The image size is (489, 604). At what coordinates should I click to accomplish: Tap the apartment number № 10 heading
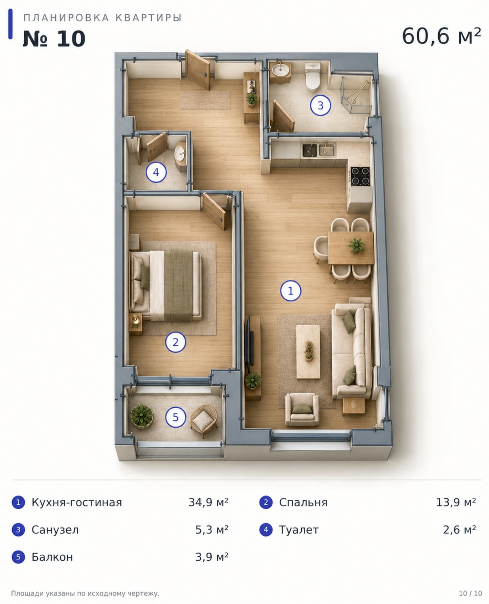pyautogui.click(x=54, y=39)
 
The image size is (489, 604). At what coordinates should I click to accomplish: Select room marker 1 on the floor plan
pyautogui.click(x=291, y=290)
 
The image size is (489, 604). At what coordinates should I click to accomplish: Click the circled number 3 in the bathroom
pyautogui.click(x=320, y=105)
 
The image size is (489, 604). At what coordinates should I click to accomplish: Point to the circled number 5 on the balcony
pyautogui.click(x=175, y=417)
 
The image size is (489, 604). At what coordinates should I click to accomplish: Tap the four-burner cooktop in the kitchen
pyautogui.click(x=360, y=176)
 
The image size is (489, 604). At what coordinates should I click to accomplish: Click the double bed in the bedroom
pyautogui.click(x=166, y=286)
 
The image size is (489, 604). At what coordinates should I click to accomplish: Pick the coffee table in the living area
pyautogui.click(x=308, y=351)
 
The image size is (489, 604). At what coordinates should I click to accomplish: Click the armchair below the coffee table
pyautogui.click(x=302, y=410)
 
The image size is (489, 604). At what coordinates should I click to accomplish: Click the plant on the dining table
pyautogui.click(x=356, y=245)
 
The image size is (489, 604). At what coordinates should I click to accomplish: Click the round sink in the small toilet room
pyautogui.click(x=180, y=153)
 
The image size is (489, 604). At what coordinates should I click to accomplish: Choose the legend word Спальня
pyautogui.click(x=303, y=503)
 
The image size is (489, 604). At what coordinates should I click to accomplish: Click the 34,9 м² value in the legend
pyautogui.click(x=209, y=502)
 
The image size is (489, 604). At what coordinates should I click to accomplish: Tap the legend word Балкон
pyautogui.click(x=52, y=557)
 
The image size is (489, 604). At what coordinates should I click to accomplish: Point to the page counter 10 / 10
pyautogui.click(x=470, y=594)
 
